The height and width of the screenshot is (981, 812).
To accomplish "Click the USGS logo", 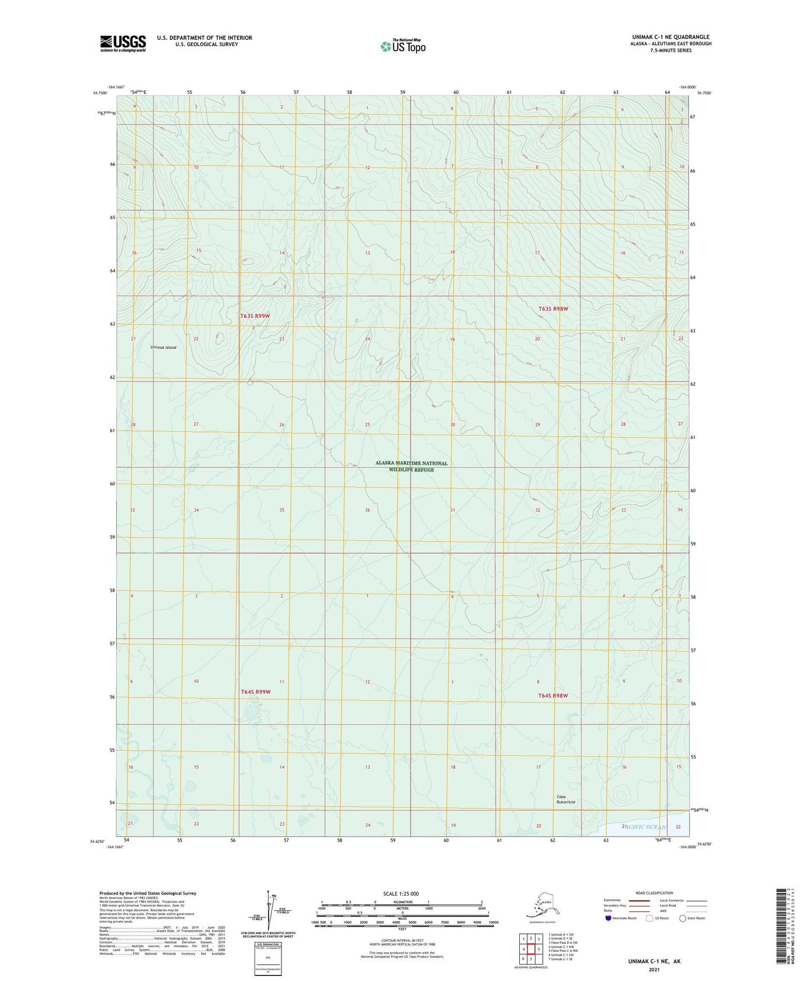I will point(123,43).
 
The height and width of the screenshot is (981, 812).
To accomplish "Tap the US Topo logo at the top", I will point(402,46).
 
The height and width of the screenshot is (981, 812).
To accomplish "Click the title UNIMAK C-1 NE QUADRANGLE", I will point(670,37).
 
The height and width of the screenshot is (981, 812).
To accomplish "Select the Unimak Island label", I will point(163,347).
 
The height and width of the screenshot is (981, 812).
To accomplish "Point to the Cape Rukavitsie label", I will point(566,799).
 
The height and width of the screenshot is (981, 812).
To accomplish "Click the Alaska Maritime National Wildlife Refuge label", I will point(411,466).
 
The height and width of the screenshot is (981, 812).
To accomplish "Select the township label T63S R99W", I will point(255,316).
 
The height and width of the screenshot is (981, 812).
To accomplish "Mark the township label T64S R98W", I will point(553,696).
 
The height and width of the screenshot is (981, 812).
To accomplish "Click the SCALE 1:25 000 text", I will point(401,894).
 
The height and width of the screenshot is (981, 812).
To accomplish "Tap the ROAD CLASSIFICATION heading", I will point(654,893).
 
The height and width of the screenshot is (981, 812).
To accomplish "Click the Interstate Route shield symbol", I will point(609,918).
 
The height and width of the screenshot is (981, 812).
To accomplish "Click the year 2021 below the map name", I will point(654,969).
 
